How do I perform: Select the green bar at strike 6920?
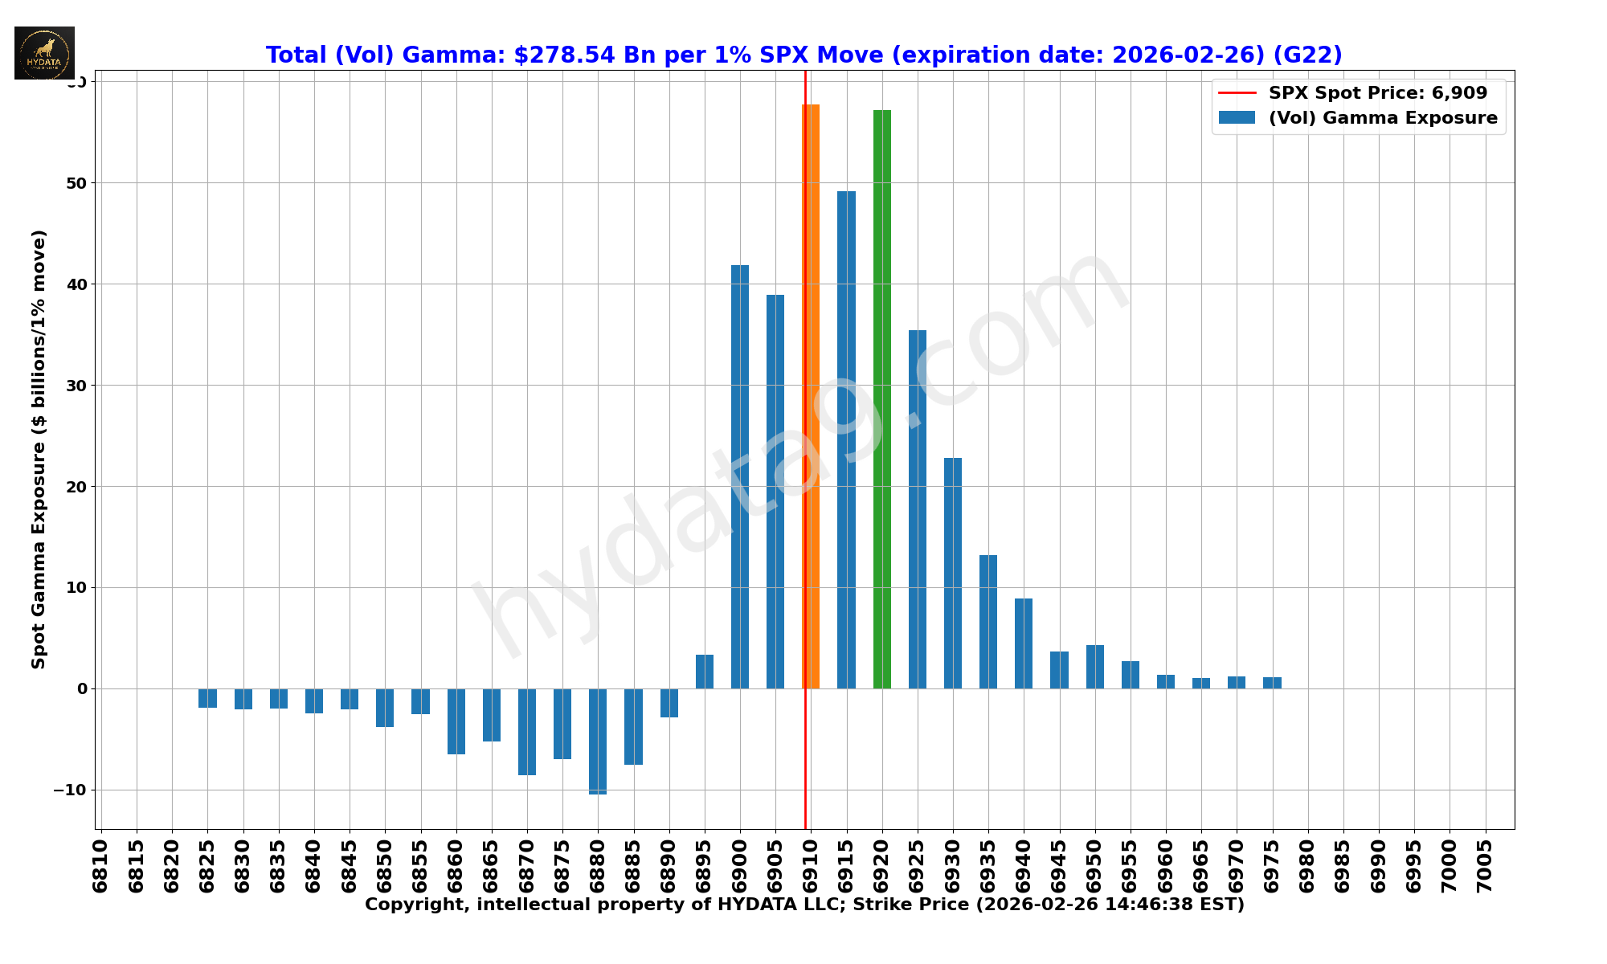coord(882,399)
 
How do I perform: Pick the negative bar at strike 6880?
coord(598,741)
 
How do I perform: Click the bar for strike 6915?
coord(846,439)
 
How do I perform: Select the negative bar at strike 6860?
coord(456,721)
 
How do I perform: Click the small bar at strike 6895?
coord(705,672)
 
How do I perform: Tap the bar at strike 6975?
coord(1272,683)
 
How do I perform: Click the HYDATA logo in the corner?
coord(44,53)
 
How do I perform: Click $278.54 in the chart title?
coord(564,55)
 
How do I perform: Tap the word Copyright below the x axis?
coord(411,905)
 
